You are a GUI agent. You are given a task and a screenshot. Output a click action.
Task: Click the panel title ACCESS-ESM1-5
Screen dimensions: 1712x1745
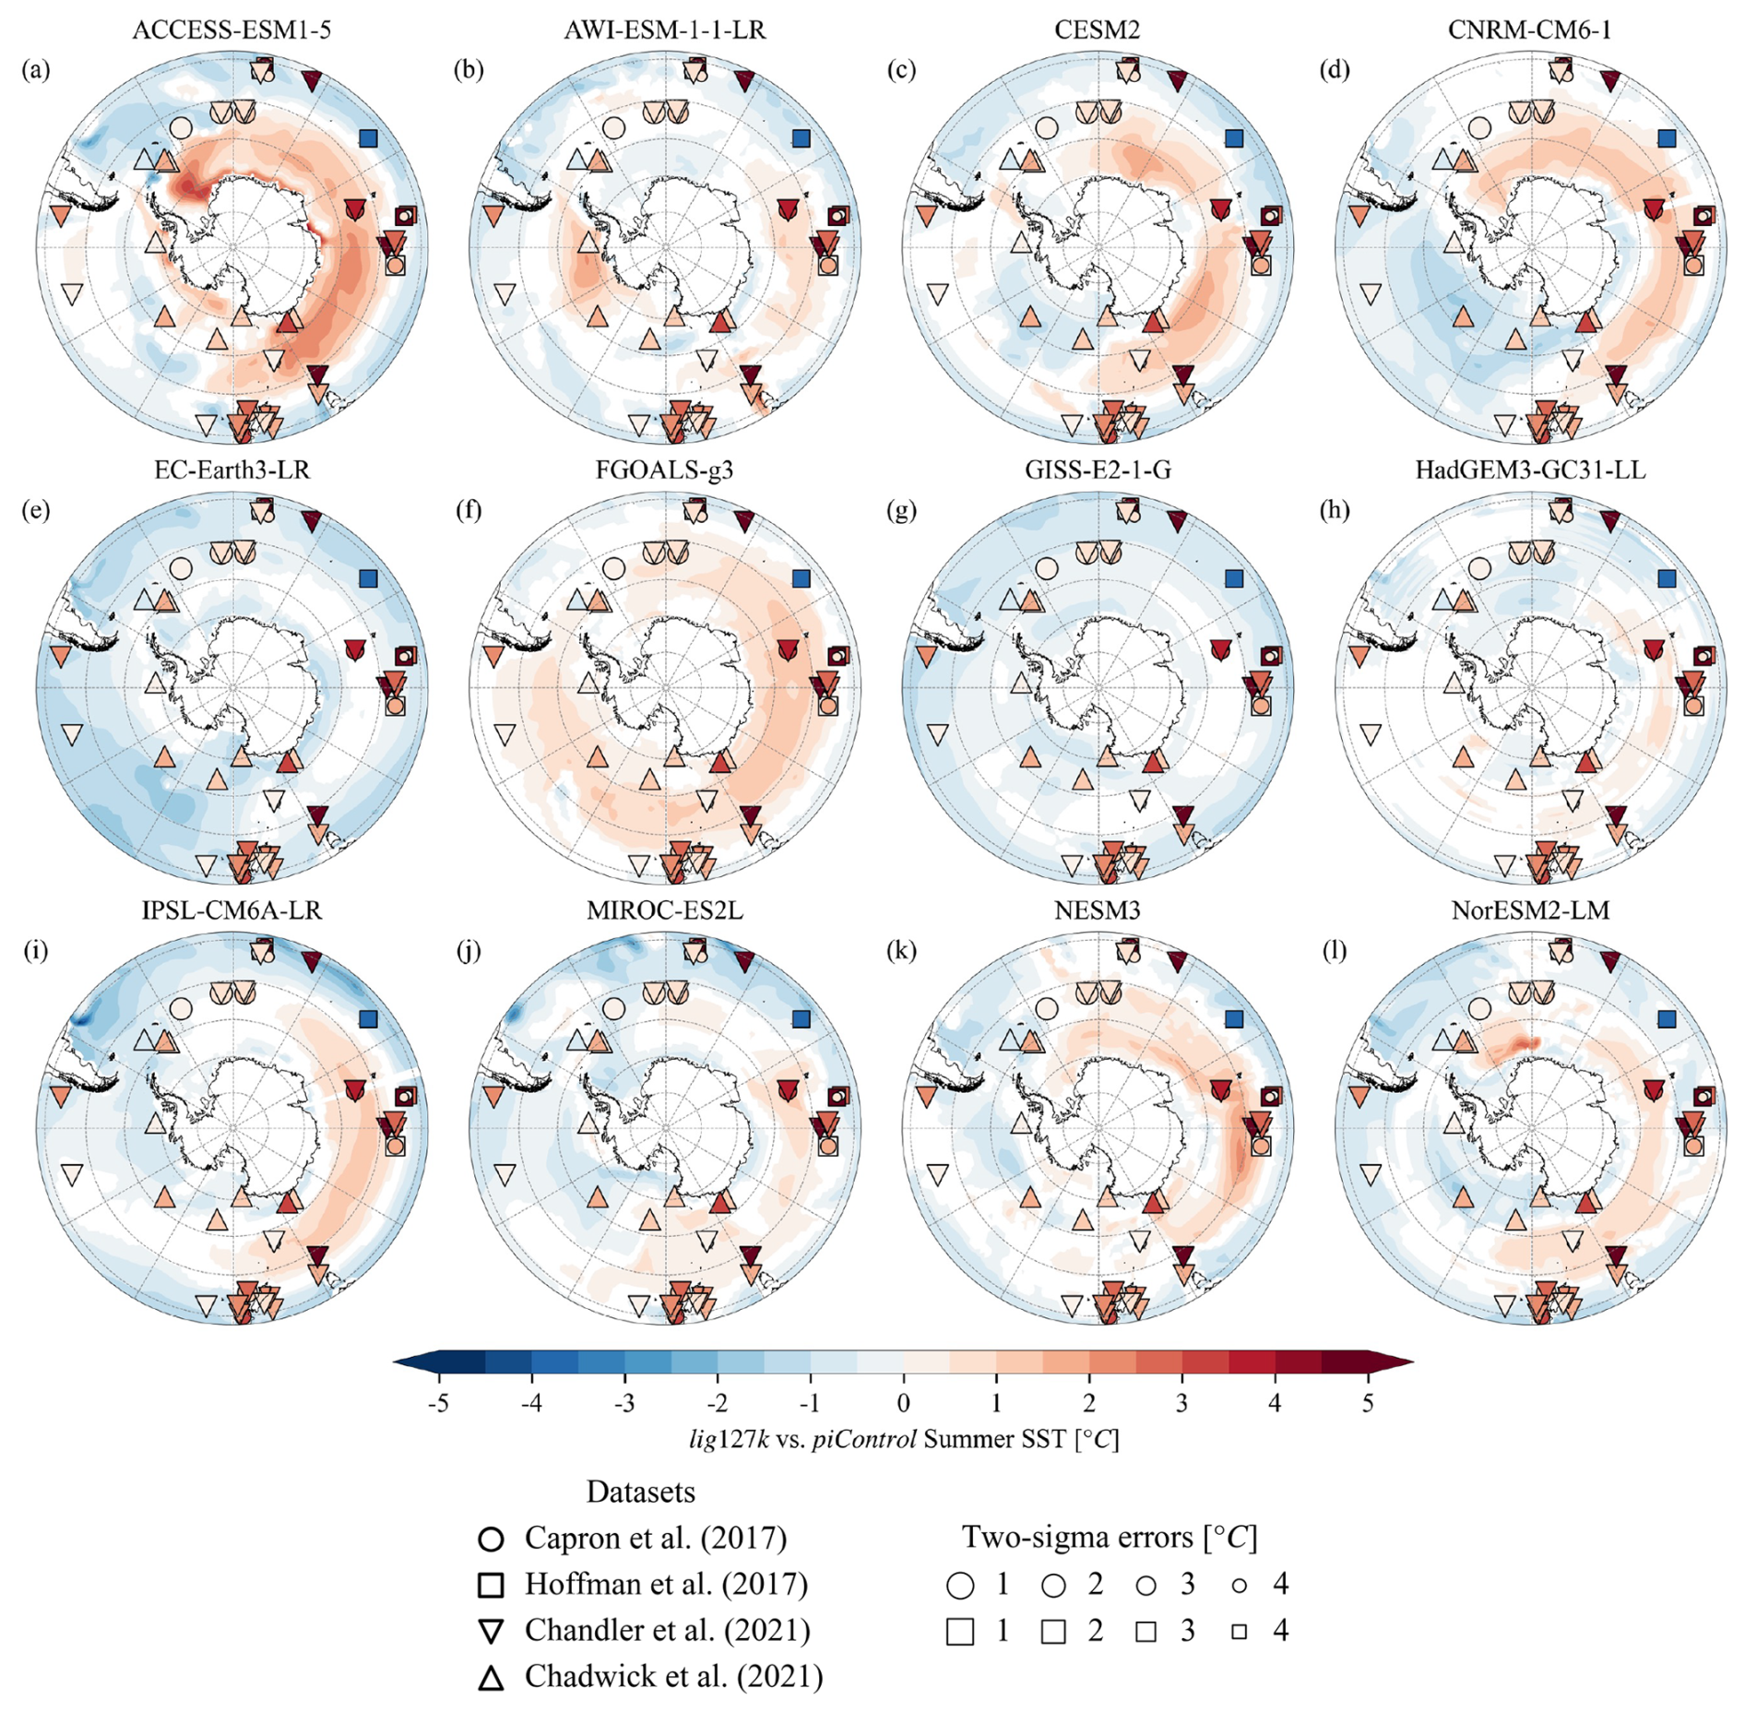tap(231, 30)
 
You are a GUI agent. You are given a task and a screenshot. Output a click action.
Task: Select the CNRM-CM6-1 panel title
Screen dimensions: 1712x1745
tap(1529, 30)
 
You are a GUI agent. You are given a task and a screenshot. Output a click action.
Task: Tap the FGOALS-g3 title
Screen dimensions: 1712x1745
tap(664, 470)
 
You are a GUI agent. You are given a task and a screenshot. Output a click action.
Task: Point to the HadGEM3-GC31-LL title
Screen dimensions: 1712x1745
tap(1530, 470)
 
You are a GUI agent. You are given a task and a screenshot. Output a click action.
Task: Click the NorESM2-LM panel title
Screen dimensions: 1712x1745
tap(1530, 910)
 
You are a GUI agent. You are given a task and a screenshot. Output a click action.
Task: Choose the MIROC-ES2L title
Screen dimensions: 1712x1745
tap(664, 910)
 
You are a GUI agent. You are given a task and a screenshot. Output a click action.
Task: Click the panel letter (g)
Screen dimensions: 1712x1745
tap(901, 510)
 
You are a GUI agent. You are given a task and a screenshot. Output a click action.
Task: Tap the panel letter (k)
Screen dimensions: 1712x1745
tap(901, 950)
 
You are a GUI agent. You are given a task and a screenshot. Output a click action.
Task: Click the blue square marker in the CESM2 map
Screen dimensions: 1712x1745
tap(1234, 138)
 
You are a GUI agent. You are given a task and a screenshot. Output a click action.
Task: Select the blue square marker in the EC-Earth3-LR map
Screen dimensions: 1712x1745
tap(368, 578)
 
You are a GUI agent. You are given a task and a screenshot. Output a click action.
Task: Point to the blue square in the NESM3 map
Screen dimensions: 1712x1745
tap(1234, 1018)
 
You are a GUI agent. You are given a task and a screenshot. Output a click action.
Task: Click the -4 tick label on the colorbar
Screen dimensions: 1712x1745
tap(531, 1403)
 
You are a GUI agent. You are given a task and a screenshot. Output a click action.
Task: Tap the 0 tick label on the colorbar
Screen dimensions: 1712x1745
tap(903, 1403)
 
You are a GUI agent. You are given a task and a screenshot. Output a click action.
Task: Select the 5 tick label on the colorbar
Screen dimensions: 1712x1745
tap(1367, 1403)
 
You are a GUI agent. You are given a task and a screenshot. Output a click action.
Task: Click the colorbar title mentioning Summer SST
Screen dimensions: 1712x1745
tap(903, 1439)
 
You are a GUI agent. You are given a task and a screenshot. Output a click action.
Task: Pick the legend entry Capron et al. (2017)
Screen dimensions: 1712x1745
tap(656, 1538)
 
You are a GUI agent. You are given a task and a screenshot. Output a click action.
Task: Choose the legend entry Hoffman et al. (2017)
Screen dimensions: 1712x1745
tap(666, 1584)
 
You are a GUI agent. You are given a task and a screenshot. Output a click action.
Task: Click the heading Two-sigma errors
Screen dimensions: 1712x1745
tap(1110, 1537)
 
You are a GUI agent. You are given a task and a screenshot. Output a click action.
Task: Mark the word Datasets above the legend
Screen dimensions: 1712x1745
tap(640, 1492)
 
